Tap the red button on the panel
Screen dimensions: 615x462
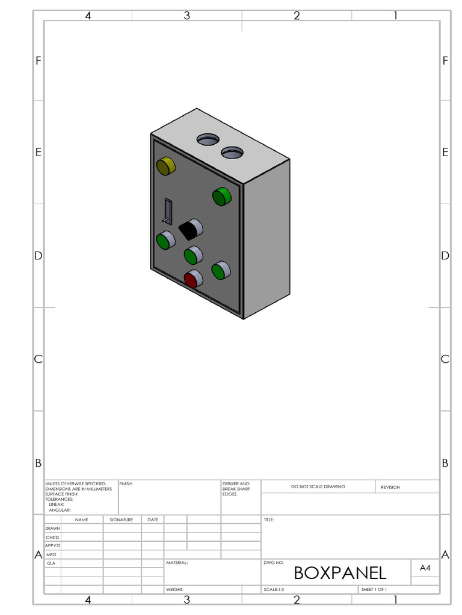tap(191, 280)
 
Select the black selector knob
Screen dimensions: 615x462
tap(190, 229)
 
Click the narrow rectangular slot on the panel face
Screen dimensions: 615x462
tap(168, 211)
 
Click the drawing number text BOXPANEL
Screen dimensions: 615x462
tap(340, 572)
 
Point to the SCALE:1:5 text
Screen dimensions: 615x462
tap(274, 590)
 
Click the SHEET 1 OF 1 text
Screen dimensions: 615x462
tap(374, 590)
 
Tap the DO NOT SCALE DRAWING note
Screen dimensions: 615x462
tap(318, 486)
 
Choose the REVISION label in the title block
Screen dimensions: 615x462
tap(390, 487)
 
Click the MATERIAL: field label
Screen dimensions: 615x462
tap(177, 563)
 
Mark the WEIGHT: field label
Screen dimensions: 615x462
tap(174, 590)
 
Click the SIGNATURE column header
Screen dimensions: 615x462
tap(122, 520)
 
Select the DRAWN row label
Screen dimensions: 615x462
tap(52, 529)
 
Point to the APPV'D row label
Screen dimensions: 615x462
tap(52, 545)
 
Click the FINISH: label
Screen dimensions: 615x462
tap(126, 483)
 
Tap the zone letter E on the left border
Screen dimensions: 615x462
tap(38, 153)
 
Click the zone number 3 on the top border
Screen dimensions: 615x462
tap(186, 16)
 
